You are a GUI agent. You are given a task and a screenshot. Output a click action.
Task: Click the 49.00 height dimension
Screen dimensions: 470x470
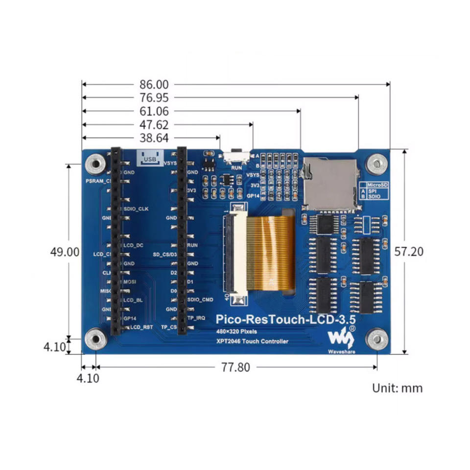coord(64,252)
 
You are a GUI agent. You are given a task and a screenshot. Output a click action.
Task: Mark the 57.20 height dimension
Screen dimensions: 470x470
coord(408,251)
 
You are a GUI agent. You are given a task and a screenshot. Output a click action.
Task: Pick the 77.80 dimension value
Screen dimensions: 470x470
coord(236,367)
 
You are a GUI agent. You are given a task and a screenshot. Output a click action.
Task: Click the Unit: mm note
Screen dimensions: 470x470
coord(397,388)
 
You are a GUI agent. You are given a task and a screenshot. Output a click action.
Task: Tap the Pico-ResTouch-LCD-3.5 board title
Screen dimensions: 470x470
coord(285,319)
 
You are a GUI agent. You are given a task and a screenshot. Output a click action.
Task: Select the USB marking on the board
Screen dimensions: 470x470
coord(149,158)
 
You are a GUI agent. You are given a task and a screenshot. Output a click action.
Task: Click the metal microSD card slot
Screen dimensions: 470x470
coord(329,184)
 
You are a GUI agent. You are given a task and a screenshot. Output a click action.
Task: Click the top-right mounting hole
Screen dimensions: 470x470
coord(377,164)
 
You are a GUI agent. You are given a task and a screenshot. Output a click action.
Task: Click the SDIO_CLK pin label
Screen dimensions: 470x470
coord(136,209)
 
